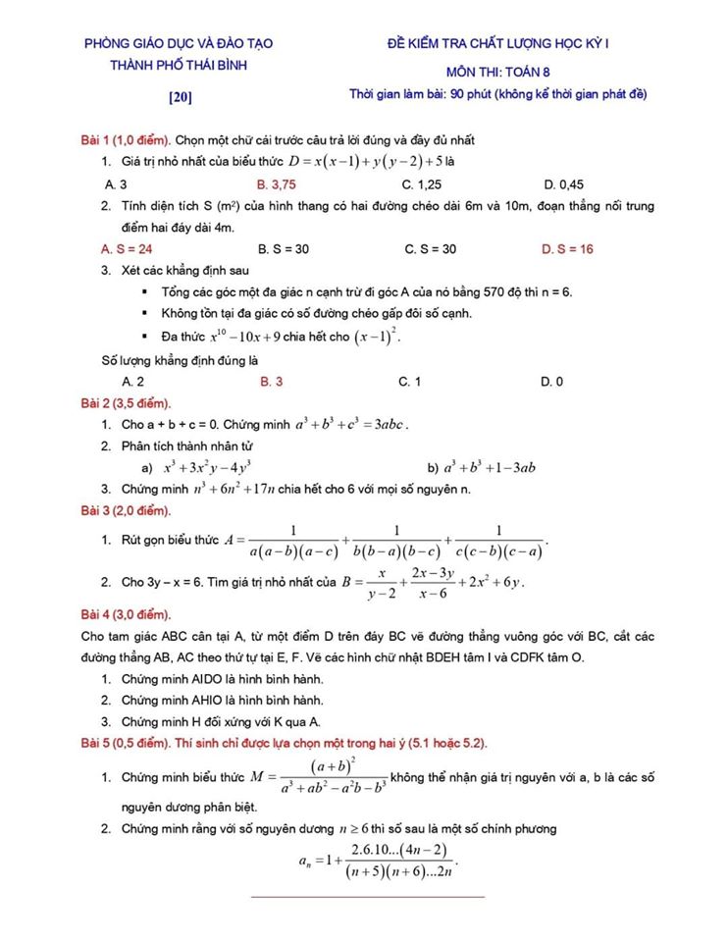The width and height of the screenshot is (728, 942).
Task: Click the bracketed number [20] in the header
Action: click(180, 96)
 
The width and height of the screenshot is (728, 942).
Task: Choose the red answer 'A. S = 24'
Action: click(127, 249)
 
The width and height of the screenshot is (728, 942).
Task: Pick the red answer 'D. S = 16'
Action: click(567, 249)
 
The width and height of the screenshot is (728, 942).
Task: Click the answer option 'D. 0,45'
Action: click(563, 183)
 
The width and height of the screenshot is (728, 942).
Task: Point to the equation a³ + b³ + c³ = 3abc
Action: click(351, 425)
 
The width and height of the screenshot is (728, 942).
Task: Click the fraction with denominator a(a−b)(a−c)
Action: click(293, 543)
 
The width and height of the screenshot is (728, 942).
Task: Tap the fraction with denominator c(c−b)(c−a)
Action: click(498, 543)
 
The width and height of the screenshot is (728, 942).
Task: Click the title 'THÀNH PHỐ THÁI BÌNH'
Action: click(179, 65)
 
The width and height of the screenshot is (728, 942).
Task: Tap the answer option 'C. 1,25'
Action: click(421, 183)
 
